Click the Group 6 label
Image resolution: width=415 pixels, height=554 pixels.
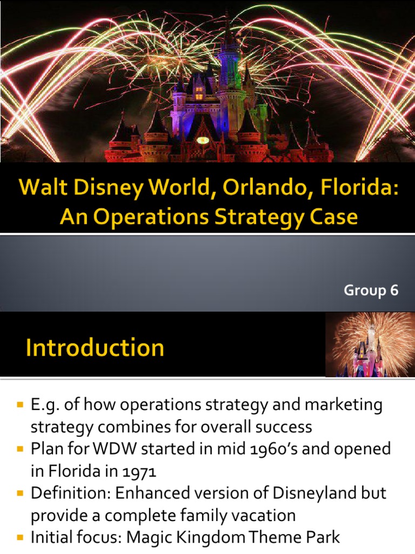[x=371, y=291]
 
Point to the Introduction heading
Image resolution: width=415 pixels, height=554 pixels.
[x=95, y=347]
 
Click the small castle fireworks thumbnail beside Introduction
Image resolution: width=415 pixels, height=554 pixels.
[x=370, y=345]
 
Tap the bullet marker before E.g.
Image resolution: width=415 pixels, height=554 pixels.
[x=21, y=405]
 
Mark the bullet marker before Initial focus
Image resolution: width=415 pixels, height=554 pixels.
[x=21, y=538]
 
